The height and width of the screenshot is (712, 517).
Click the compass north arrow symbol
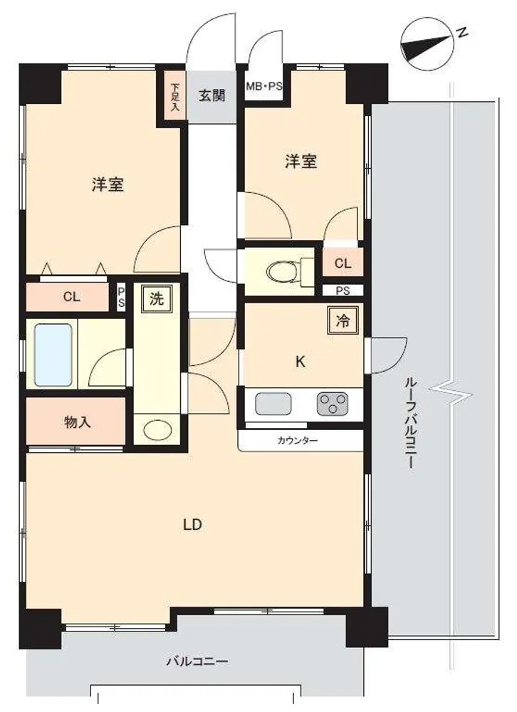pos(427,43)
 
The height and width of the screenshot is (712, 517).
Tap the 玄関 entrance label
pos(212,96)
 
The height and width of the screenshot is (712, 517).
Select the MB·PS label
pos(264,85)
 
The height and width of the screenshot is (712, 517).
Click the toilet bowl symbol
pos(283,273)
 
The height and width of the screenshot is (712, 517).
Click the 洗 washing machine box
pos(156,299)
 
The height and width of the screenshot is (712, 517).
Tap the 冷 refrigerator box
pos(343,321)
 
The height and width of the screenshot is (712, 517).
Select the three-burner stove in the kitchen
pos(333,404)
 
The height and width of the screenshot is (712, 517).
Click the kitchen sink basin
pos(273,404)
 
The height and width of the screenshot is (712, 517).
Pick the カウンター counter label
pos(297,441)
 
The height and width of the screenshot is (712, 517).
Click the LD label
pos(192,525)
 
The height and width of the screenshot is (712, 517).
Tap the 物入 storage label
pos(77,422)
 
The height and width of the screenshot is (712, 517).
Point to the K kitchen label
pos(301,362)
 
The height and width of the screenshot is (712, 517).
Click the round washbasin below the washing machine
pos(156,429)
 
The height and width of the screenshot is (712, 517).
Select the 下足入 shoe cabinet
pos(175,96)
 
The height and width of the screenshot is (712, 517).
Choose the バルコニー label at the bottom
pos(197,661)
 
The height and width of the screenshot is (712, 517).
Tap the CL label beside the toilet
pos(343,263)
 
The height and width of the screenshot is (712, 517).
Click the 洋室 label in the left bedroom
pos(108,185)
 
